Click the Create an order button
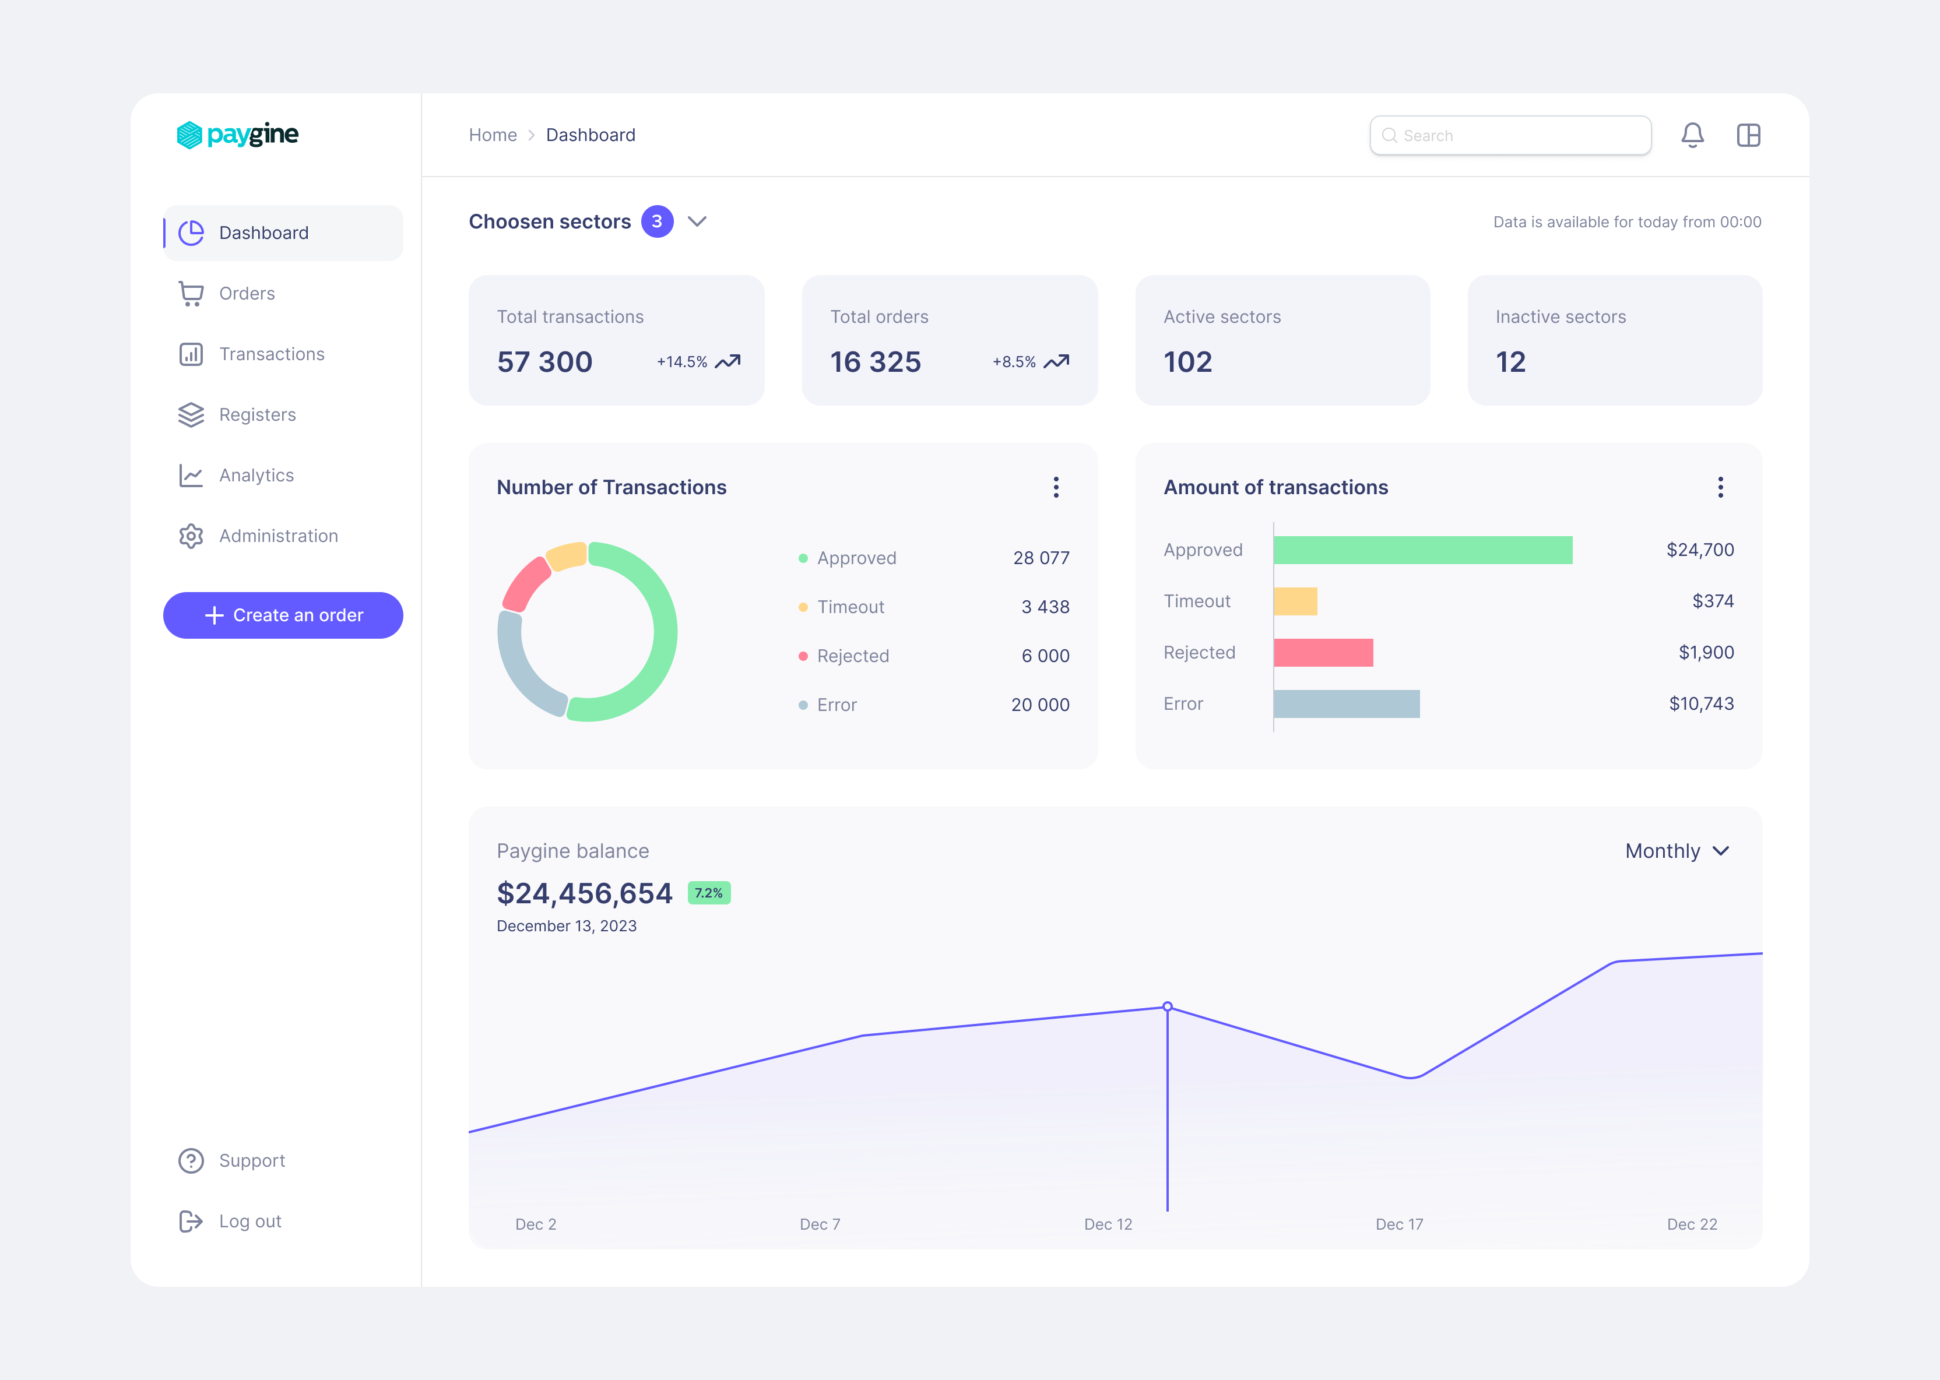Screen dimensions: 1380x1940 (x=283, y=615)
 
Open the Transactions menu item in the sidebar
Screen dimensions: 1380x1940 (x=271, y=354)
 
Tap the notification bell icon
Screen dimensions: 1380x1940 (x=1692, y=135)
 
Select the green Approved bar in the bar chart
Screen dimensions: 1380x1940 (x=1422, y=550)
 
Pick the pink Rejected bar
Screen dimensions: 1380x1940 (x=1323, y=653)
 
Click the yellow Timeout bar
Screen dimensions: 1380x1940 (x=1295, y=601)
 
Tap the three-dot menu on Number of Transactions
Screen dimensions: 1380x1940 (x=1056, y=487)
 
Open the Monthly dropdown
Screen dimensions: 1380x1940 (x=1676, y=851)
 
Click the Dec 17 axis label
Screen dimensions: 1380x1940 (x=1398, y=1224)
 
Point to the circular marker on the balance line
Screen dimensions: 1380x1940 (x=1168, y=1007)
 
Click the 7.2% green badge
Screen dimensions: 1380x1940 (x=709, y=893)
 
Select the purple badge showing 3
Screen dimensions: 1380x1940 (x=657, y=222)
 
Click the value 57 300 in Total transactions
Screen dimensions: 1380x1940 (x=544, y=362)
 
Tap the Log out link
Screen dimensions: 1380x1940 (x=250, y=1221)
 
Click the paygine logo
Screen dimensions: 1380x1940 (x=237, y=134)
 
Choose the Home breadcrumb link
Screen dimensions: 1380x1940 (x=493, y=135)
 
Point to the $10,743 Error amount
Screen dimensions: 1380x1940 (x=1700, y=703)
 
